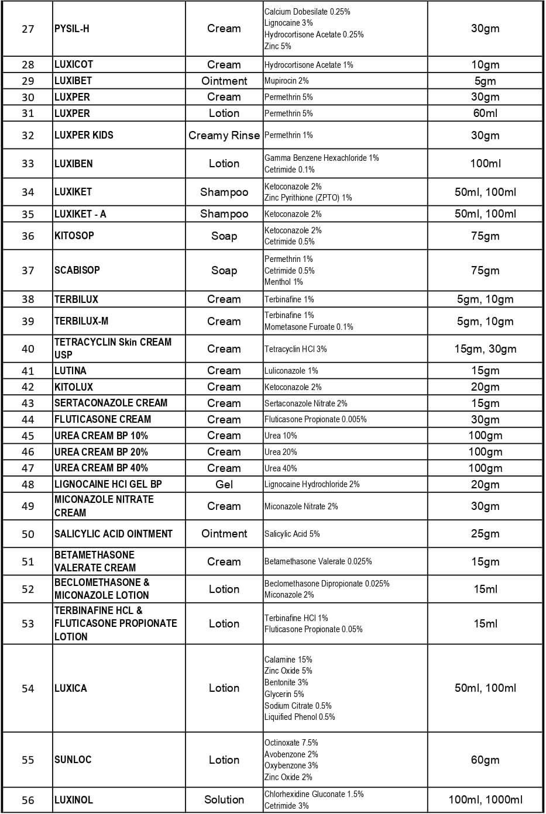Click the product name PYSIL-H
(72, 29)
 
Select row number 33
(28, 164)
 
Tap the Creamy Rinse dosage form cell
(224, 136)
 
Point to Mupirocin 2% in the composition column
(286, 81)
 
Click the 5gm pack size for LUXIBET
(485, 81)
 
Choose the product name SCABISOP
(77, 270)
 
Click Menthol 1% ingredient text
(283, 282)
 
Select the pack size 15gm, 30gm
(485, 349)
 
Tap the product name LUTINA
(70, 371)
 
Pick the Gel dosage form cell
(224, 484)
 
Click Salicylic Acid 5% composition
(292, 534)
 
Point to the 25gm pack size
(485, 534)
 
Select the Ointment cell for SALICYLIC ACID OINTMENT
(224, 534)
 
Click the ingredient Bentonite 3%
(286, 682)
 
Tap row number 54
(28, 689)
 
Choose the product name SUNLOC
(73, 760)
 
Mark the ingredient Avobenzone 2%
(291, 754)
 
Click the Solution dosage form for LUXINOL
(224, 799)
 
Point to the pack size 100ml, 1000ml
(485, 799)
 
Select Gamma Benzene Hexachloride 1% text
(321, 158)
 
